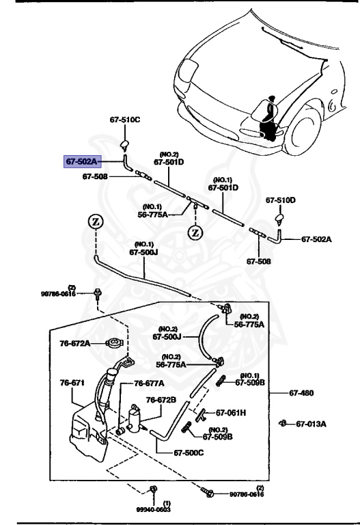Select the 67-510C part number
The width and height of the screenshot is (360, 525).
pyautogui.click(x=125, y=120)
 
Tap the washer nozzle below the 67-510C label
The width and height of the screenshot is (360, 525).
pyautogui.click(x=125, y=144)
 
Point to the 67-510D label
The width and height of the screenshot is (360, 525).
pyautogui.click(x=281, y=200)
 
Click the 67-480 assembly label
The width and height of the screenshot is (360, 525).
pyautogui.click(x=301, y=393)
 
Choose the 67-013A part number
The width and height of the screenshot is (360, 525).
pyautogui.click(x=311, y=424)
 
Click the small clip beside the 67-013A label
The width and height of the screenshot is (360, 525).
pyautogui.click(x=283, y=424)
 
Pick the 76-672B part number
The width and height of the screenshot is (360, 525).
pyautogui.click(x=161, y=400)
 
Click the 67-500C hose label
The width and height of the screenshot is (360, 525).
pyautogui.click(x=189, y=452)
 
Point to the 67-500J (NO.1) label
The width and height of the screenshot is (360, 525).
pyautogui.click(x=143, y=253)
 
